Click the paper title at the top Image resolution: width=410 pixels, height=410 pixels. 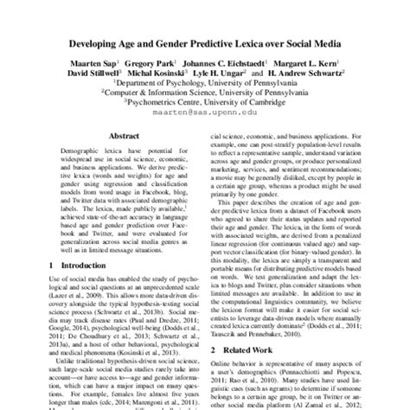(205, 42)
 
